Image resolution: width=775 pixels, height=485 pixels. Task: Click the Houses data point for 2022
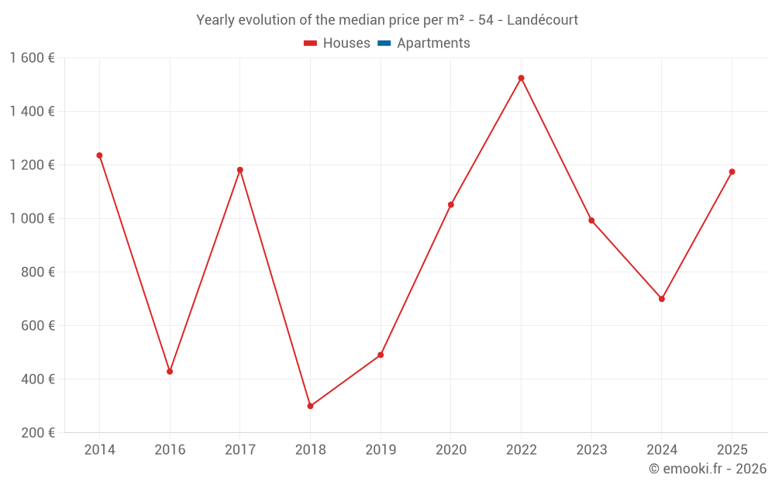521,78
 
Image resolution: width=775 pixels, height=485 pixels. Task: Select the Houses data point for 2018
310,406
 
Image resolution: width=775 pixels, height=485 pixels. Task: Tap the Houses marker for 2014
99,155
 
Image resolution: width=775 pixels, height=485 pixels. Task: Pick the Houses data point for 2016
170,372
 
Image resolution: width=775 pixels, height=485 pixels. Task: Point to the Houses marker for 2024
662,299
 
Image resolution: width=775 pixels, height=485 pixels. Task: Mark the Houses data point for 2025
732,171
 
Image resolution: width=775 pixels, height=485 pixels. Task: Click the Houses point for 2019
381,355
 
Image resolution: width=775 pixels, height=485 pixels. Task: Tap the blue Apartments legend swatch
383,43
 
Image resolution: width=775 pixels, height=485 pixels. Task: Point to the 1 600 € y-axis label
32,58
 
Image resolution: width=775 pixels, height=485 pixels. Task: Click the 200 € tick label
39,433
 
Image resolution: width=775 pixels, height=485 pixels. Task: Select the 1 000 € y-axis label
32,219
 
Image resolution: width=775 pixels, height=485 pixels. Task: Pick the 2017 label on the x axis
240,450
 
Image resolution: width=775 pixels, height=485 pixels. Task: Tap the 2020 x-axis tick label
451,450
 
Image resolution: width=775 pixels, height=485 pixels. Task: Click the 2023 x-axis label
591,450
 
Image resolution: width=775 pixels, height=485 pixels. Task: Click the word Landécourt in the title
542,20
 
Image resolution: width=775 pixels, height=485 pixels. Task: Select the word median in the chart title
360,20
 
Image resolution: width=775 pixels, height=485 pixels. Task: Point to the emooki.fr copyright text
708,469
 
